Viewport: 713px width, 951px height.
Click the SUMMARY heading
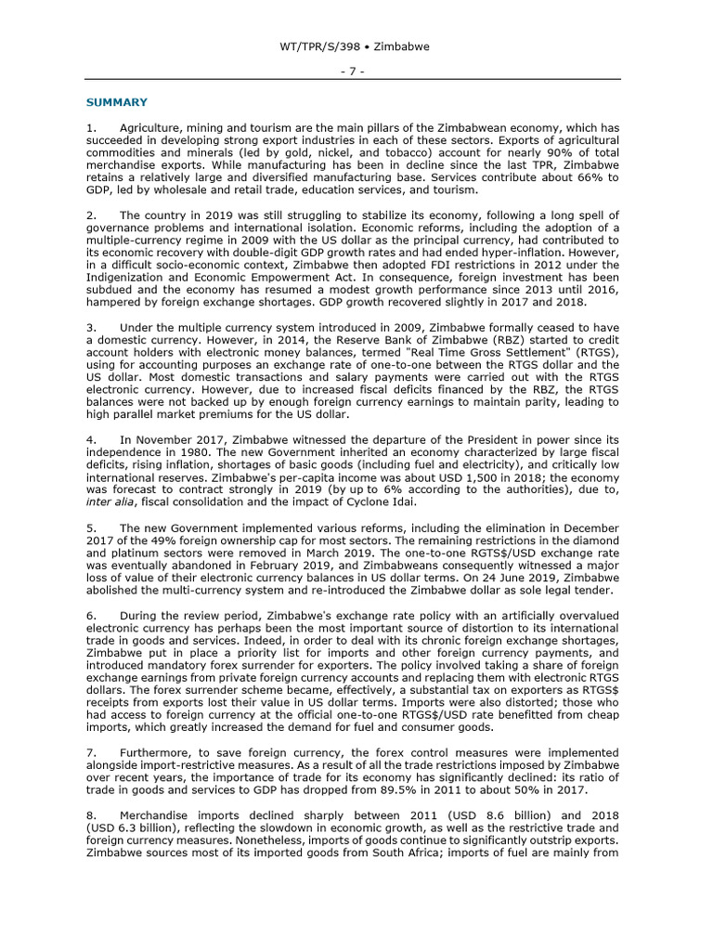click(x=116, y=101)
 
